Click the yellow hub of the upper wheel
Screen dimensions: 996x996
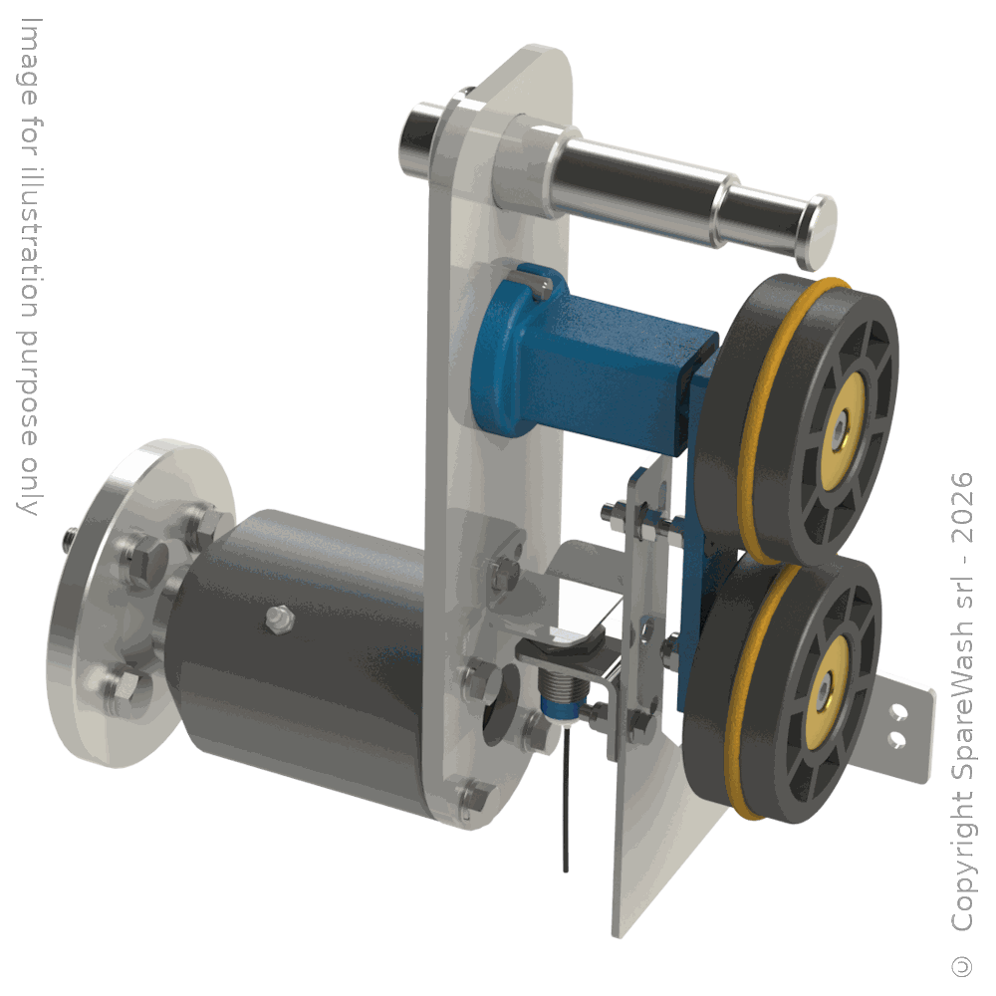[x=843, y=431]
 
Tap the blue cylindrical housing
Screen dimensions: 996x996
[x=591, y=363]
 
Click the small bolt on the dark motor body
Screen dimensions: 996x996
[x=280, y=619]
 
